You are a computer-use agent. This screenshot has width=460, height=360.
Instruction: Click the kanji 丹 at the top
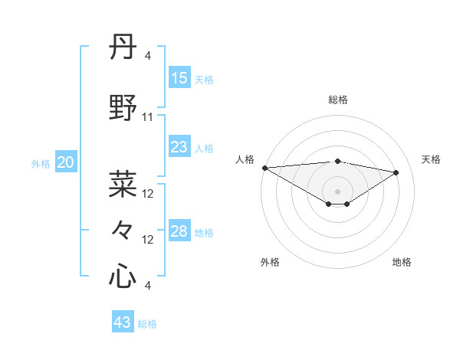pyautogui.click(x=123, y=47)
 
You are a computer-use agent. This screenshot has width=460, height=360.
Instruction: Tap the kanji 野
pyautogui.click(x=123, y=107)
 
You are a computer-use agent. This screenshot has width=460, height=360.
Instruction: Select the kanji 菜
pyautogui.click(x=123, y=184)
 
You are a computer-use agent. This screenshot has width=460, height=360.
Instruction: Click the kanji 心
pyautogui.click(x=123, y=276)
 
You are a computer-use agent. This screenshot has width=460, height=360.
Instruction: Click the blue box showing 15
pyautogui.click(x=179, y=78)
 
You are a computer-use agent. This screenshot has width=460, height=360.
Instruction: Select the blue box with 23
pyautogui.click(x=179, y=147)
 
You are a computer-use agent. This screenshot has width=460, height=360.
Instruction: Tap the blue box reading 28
pyautogui.click(x=179, y=231)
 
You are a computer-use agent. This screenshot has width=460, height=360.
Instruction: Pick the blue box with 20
pyautogui.click(x=66, y=162)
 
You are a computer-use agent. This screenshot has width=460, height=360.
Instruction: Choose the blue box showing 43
pyautogui.click(x=123, y=322)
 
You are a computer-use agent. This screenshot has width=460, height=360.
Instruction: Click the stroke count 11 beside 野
pyautogui.click(x=148, y=117)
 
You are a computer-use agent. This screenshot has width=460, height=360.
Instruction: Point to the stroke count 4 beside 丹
pyautogui.click(x=147, y=56)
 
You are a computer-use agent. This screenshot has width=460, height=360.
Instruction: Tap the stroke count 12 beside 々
pyautogui.click(x=148, y=240)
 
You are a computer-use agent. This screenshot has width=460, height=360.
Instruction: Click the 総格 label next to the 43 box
pyautogui.click(x=147, y=324)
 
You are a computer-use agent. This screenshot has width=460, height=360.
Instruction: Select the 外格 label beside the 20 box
pyautogui.click(x=41, y=164)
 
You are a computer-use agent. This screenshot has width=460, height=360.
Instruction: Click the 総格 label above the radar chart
pyautogui.click(x=337, y=100)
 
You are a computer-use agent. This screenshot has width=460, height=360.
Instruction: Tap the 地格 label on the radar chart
pyautogui.click(x=402, y=262)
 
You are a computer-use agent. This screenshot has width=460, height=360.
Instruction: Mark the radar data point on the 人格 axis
pyautogui.click(x=264, y=168)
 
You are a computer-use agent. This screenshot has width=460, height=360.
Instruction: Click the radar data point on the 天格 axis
pyautogui.click(x=396, y=172)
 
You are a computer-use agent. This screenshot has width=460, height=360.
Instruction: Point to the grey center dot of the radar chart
pyautogui.click(x=337, y=190)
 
